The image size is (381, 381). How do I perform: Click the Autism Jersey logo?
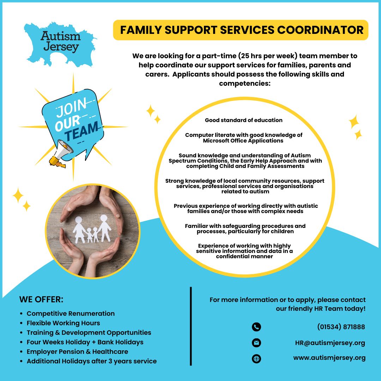click(x=60, y=41)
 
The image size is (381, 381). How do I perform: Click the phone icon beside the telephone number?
click(x=256, y=327)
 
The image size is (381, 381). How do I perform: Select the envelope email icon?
click(x=256, y=343)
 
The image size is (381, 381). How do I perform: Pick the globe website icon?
click(x=256, y=359)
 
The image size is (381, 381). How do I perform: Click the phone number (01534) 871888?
click(x=341, y=327)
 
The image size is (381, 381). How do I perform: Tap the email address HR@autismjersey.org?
click(x=330, y=343)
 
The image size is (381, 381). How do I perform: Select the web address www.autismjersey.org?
click(x=329, y=358)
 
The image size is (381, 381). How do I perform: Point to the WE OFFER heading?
click(x=41, y=300)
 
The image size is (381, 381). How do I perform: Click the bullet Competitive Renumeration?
click(x=71, y=313)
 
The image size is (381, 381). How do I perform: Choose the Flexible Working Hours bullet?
click(x=64, y=323)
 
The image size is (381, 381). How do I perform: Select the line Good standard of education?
click(x=244, y=120)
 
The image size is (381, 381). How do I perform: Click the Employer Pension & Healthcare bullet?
click(x=77, y=351)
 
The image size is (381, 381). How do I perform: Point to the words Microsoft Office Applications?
click(x=243, y=140)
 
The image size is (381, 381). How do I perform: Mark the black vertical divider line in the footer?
click(x=191, y=326)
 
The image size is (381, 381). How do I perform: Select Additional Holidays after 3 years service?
click(x=92, y=361)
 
